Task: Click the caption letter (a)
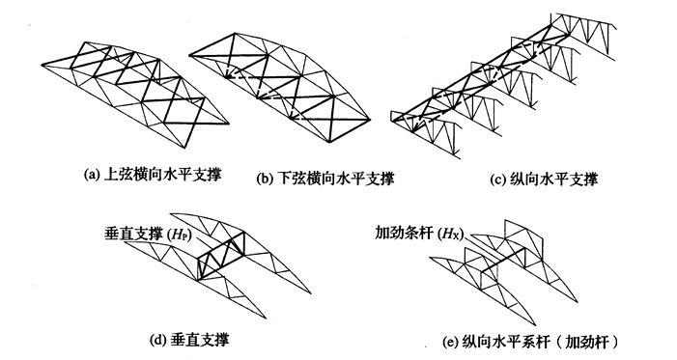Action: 91,175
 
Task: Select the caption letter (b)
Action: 264,179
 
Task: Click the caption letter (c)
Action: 497,180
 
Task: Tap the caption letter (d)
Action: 157,341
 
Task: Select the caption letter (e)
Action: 450,344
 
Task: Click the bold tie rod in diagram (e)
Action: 502,260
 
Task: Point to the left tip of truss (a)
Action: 42,66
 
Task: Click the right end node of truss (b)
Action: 371,119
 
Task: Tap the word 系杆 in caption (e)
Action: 537,344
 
